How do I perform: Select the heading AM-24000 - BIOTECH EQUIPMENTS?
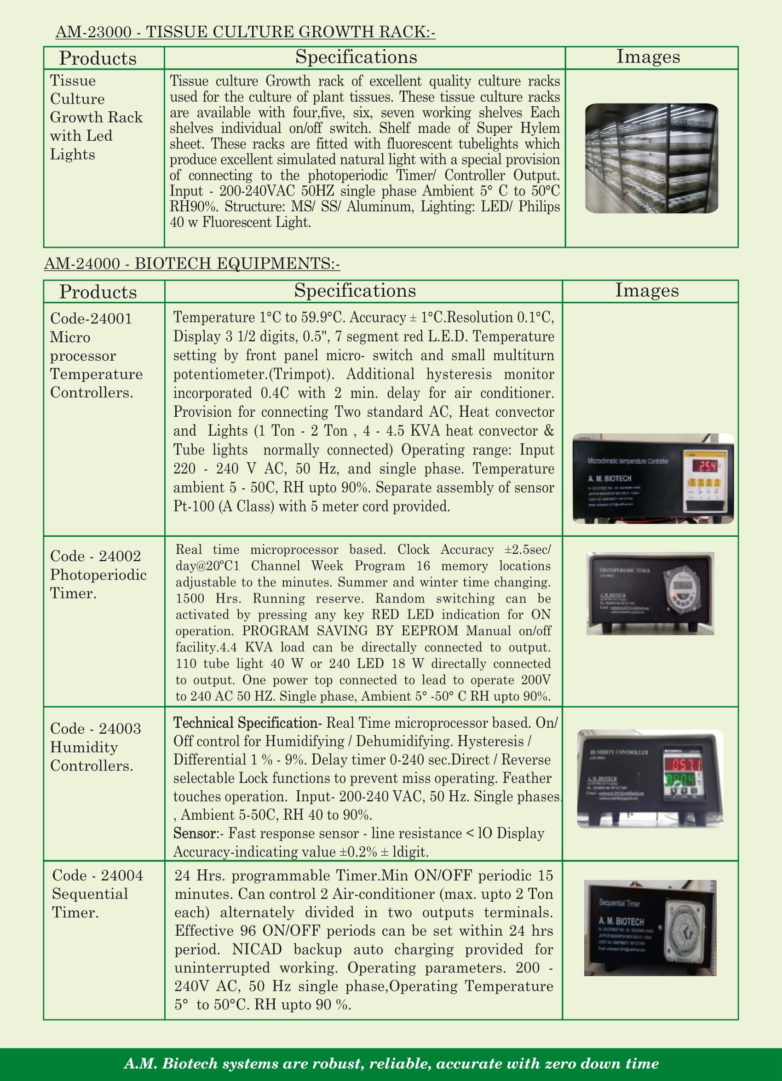(x=191, y=263)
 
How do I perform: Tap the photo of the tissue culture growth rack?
(x=651, y=158)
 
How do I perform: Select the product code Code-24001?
(x=91, y=318)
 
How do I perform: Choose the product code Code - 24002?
(x=95, y=556)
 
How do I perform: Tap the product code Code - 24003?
(x=95, y=728)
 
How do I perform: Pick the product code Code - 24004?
(x=97, y=875)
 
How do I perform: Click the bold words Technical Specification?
(x=246, y=723)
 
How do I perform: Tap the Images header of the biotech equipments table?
(x=647, y=290)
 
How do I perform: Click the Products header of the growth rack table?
(x=98, y=58)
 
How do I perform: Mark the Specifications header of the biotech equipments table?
(x=355, y=290)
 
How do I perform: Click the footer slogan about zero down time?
(x=391, y=1064)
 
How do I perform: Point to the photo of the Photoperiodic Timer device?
(x=650, y=593)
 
